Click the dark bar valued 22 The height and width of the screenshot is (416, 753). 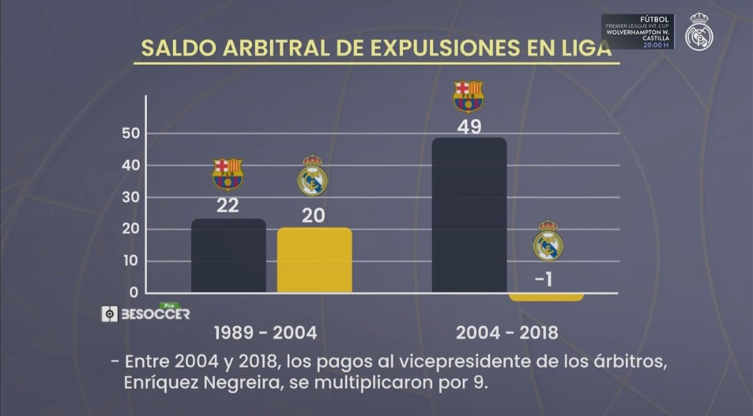click(229, 256)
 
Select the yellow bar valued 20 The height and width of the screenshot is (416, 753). click(314, 260)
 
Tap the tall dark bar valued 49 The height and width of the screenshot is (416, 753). click(469, 215)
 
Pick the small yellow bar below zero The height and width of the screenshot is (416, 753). click(546, 297)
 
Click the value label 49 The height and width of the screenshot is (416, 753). click(469, 127)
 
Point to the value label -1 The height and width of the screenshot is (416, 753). click(545, 280)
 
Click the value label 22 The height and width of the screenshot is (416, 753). click(228, 206)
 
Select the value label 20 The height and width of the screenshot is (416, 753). click(313, 215)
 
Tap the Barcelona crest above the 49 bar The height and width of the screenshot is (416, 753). click(469, 97)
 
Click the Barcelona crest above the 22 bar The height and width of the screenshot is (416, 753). click(228, 174)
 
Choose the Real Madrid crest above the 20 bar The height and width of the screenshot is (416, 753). click(312, 176)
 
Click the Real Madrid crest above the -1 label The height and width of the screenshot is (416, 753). click(548, 242)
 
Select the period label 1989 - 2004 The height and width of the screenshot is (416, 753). click(265, 333)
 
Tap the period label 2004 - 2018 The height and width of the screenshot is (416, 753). click(507, 333)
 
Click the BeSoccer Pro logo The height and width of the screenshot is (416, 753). click(146, 313)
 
